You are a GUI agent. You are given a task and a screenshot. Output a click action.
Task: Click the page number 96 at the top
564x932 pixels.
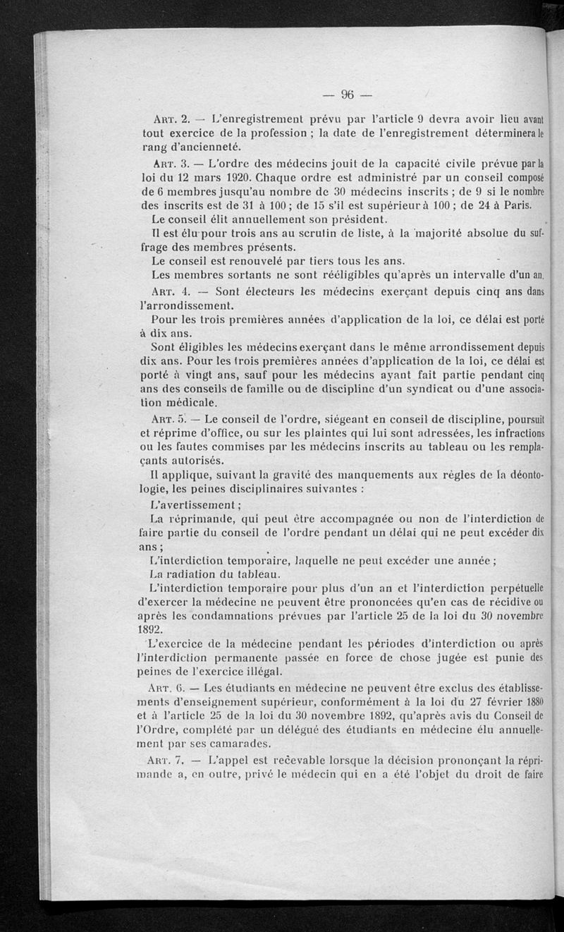pyautogui.click(x=347, y=95)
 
